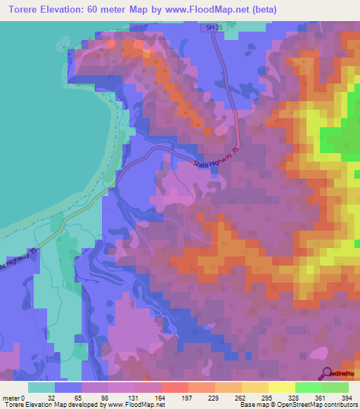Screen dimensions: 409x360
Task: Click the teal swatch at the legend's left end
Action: tap(41, 387)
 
